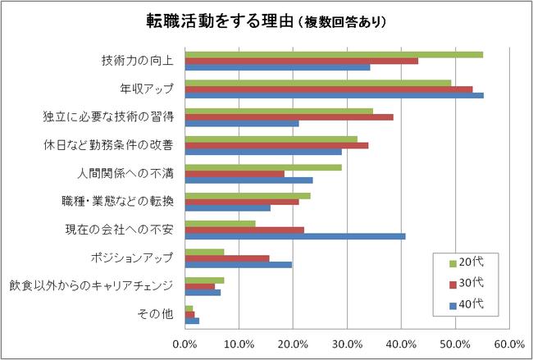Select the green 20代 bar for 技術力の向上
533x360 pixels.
(334, 54)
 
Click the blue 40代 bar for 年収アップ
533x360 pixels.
(334, 95)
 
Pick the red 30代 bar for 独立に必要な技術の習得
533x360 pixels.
(289, 117)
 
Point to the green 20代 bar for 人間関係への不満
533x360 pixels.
(263, 166)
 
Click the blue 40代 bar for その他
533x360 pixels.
(192, 321)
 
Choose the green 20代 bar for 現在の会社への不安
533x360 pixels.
(220, 222)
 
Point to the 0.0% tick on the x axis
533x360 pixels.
(185, 344)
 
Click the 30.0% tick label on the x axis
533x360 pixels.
(347, 344)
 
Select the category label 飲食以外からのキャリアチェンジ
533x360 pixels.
(91, 286)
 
